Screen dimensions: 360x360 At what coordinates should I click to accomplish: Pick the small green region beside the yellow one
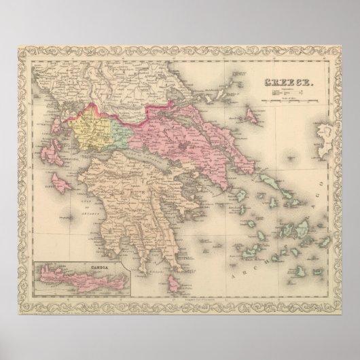tap(120, 126)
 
